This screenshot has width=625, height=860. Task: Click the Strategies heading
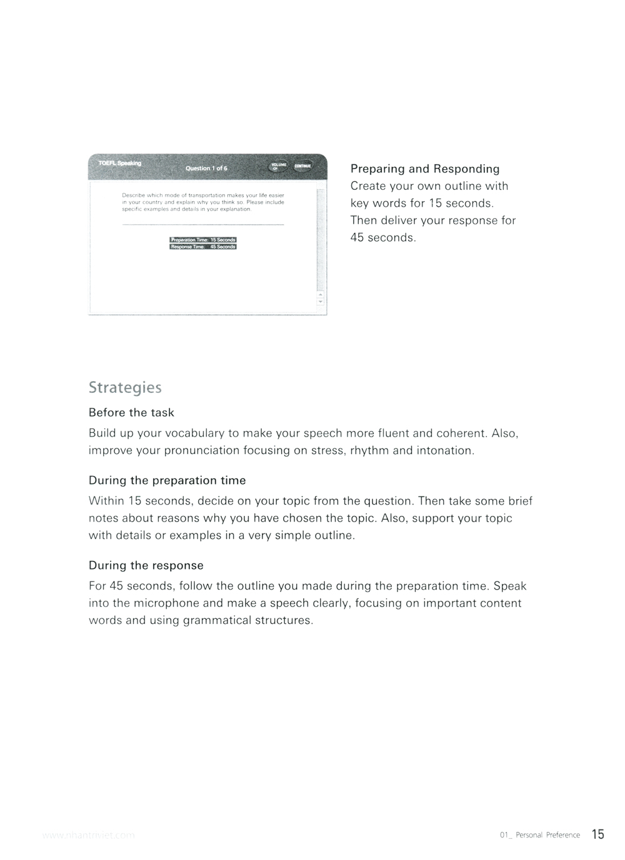coord(125,388)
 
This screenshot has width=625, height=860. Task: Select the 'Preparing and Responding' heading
coord(424,169)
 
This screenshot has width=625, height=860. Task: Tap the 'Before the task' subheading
coord(131,413)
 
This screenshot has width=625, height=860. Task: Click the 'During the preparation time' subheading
coord(167,480)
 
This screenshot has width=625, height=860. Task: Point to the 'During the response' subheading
coord(146,565)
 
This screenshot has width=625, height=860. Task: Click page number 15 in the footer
coord(597,834)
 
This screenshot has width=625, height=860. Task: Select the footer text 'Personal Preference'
coord(547,835)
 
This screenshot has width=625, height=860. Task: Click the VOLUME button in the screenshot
coord(278,166)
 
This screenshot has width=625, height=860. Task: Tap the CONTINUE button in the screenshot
coord(302,166)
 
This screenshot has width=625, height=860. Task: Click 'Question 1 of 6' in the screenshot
coord(206,169)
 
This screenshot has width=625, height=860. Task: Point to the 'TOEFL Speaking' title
coord(119,163)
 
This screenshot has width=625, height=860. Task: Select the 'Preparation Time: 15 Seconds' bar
coord(203,240)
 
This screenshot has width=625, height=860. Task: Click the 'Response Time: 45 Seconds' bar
coord(203,247)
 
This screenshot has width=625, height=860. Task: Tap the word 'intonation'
coord(445,450)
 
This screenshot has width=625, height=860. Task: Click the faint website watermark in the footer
coord(87,835)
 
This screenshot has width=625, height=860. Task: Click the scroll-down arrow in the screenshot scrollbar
coord(321,302)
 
